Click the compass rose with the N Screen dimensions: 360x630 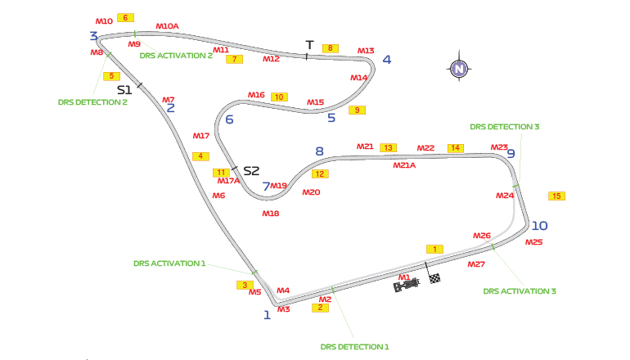pos(459,70)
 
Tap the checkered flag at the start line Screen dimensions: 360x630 pos(435,279)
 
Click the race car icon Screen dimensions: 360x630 pos(407,284)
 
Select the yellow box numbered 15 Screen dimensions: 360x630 pos(557,196)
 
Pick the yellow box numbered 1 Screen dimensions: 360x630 pos(435,249)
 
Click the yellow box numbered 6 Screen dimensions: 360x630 pos(125,17)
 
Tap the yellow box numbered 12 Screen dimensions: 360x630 pos(320,173)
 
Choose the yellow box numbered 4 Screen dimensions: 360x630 pos(200,156)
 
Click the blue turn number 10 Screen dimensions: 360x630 pos(539,226)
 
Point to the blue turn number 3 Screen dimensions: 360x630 pos(94,36)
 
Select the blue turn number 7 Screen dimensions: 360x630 pos(266,187)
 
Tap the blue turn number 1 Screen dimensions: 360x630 pos(267,314)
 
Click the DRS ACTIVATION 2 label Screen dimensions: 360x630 pos(176,56)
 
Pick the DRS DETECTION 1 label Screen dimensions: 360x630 pos(354,346)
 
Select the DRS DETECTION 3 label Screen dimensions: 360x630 pos(504,127)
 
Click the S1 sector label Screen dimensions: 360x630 pos(124,89)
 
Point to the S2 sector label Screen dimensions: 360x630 pos(251,171)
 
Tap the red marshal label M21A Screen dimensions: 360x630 pos(404,164)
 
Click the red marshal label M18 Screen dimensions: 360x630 pos(271,213)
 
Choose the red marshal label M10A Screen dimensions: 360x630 pos(167,26)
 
